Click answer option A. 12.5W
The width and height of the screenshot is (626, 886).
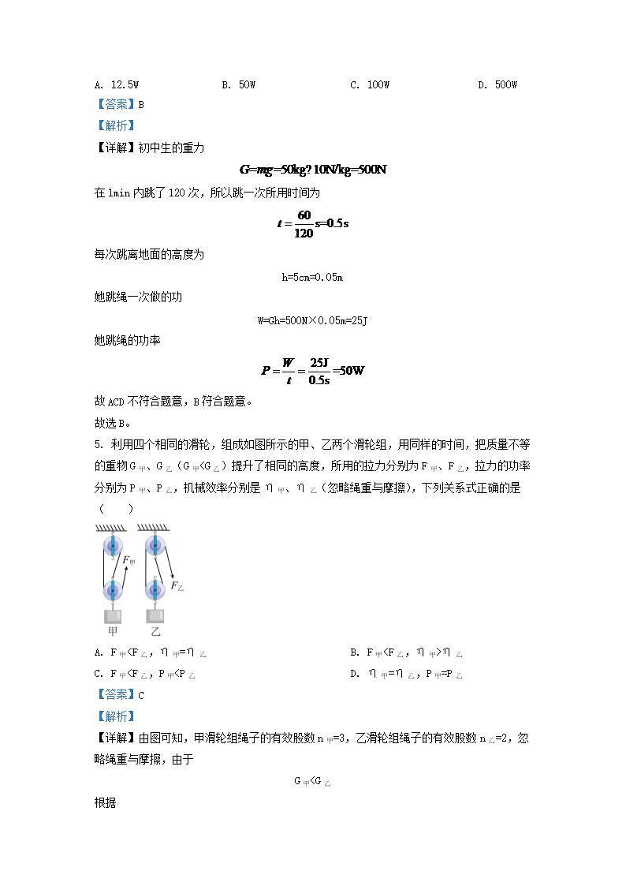click(116, 84)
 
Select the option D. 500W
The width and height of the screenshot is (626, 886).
click(497, 84)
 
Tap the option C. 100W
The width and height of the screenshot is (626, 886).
click(370, 84)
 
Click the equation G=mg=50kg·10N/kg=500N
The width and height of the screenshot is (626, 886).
click(313, 170)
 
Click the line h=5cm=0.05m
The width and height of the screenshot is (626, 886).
click(313, 277)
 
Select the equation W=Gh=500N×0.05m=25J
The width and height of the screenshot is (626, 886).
click(313, 320)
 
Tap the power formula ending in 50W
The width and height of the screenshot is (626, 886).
click(313, 370)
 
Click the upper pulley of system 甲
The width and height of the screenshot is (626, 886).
click(113, 544)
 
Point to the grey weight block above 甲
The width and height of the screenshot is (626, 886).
click(113, 615)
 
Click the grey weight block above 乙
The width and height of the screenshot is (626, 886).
click(155, 615)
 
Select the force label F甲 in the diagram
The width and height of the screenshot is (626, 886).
click(128, 561)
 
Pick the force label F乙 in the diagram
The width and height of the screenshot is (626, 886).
click(177, 586)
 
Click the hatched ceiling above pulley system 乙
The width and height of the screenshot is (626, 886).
click(154, 528)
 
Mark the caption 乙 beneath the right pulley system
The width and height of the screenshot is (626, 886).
click(155, 632)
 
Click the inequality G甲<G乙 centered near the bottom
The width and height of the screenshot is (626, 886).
click(312, 781)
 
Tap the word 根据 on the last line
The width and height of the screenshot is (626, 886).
click(105, 802)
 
